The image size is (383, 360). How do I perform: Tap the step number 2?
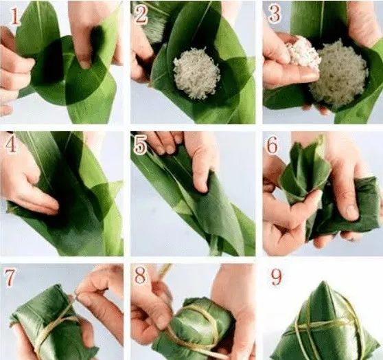tap(141, 14)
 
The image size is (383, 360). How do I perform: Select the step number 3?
tap(274, 14)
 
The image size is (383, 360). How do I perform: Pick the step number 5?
tap(141, 146)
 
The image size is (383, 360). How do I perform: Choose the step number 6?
tap(272, 146)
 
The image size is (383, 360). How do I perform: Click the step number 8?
tap(140, 275)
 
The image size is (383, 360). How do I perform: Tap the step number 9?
tap(276, 277)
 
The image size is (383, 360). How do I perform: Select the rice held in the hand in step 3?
tap(303, 54)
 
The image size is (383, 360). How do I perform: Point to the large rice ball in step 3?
tap(338, 74)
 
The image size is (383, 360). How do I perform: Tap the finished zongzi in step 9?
tap(325, 323)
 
